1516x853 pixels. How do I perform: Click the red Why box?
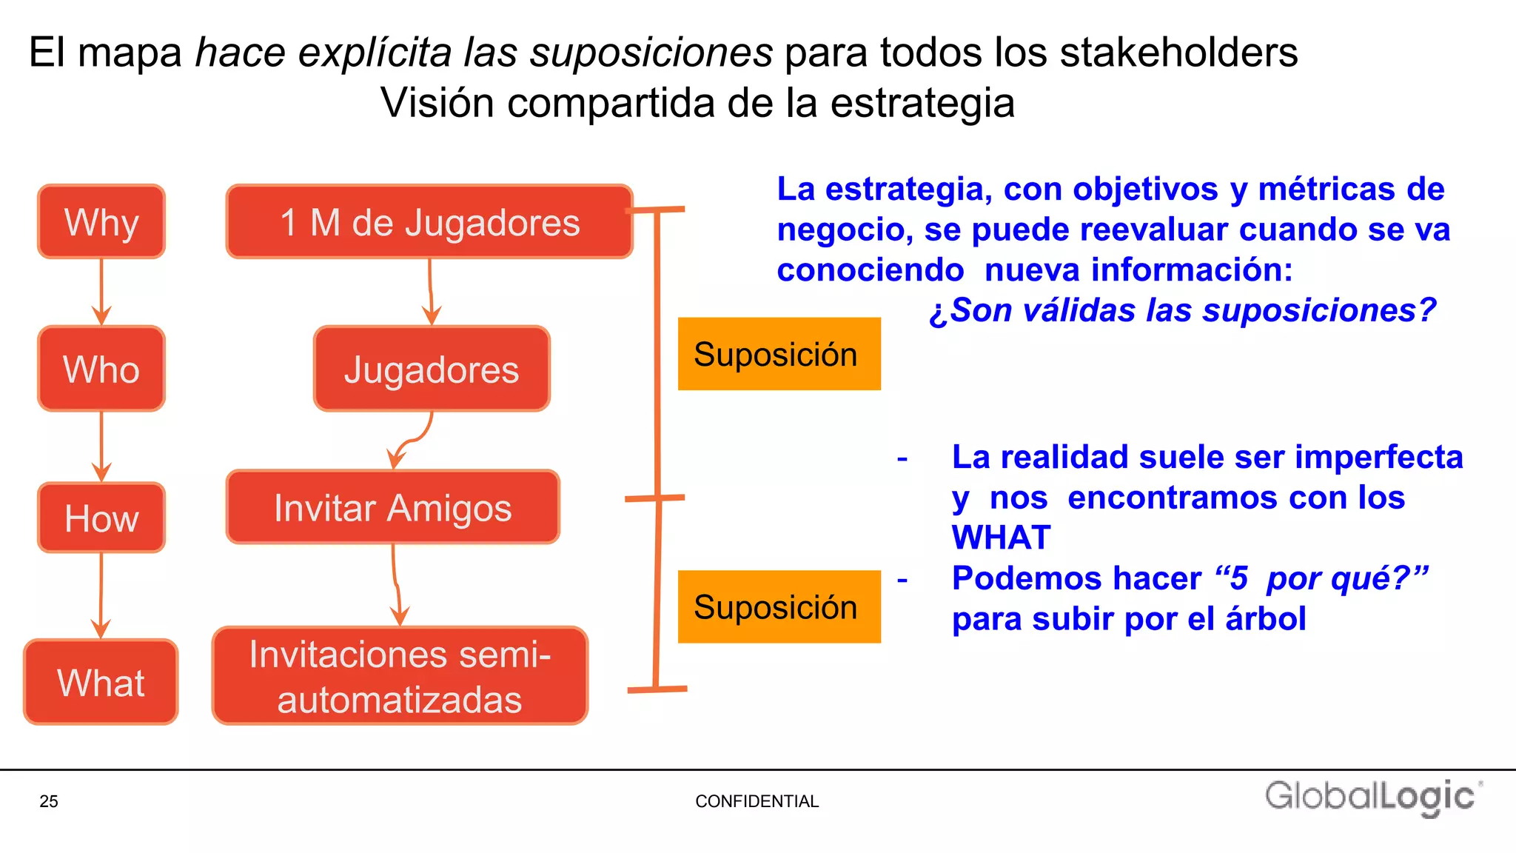coord(101,221)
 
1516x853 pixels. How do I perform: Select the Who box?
coord(101,369)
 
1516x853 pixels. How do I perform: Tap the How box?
coord(101,518)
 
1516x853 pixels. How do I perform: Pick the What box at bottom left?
coord(101,682)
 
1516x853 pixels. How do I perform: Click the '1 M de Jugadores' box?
coord(429,221)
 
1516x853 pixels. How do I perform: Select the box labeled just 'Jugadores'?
coord(432,369)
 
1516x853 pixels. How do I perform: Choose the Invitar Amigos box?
coord(392,507)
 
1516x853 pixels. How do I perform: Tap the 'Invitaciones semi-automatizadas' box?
coord(400,676)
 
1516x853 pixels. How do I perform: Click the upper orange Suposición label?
coord(779,354)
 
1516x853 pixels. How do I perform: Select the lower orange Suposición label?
coord(779,606)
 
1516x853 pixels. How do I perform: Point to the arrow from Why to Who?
coord(101,292)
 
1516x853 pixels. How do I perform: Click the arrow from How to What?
coord(101,595)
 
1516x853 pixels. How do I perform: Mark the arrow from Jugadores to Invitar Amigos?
coord(412,441)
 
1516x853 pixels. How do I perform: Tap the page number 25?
coord(49,801)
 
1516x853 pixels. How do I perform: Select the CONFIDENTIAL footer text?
coord(757,801)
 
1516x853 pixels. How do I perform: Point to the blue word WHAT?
coord(1001,538)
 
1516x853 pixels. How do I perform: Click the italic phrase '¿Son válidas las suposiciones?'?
coord(1182,310)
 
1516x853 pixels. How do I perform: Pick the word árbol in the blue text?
coord(1266,619)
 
